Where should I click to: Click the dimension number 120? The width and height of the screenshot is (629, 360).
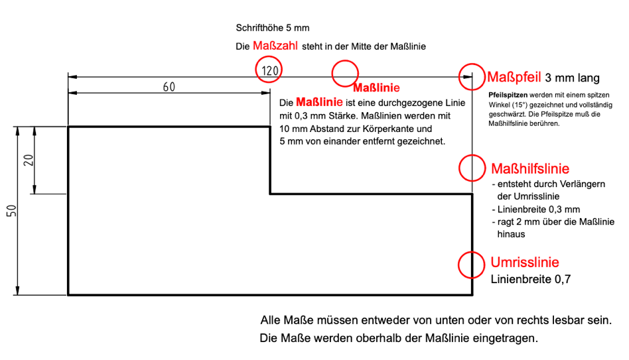point(269,70)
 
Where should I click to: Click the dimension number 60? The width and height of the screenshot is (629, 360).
point(169,87)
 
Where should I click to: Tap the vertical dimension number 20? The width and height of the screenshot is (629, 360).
point(29,160)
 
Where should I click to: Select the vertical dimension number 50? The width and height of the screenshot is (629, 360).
point(12,210)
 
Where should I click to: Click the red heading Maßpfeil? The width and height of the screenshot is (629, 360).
point(514,77)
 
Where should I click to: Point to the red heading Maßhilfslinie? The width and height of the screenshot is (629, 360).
point(530,168)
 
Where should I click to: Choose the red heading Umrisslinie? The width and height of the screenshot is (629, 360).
point(525,262)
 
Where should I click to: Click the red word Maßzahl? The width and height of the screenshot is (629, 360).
point(275,46)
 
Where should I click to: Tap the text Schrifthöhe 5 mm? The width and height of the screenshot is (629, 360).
point(273,28)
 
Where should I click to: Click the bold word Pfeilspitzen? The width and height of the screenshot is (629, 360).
point(508,95)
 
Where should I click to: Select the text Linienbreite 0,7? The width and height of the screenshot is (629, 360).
point(530,279)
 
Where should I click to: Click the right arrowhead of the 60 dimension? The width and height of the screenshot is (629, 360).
point(265,93)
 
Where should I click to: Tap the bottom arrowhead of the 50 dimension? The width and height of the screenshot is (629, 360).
point(17,290)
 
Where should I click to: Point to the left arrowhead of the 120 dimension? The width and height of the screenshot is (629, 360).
point(72,76)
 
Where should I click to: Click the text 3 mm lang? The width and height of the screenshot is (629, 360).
point(572,78)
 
